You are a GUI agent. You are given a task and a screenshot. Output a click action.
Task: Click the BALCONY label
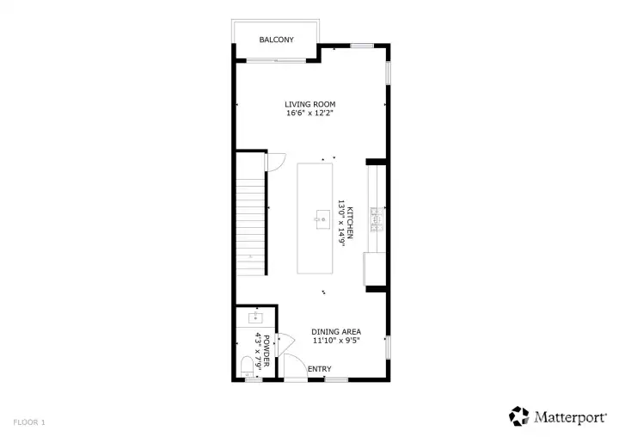[276, 40]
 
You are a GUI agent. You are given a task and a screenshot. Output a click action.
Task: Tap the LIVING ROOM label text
[310, 104]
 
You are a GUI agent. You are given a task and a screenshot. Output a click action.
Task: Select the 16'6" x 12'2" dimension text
[310, 114]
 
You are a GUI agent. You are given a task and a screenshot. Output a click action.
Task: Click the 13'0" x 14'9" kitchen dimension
[341, 224]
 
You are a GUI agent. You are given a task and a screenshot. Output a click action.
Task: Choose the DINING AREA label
[336, 332]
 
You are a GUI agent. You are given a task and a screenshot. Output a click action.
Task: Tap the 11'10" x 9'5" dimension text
[336, 341]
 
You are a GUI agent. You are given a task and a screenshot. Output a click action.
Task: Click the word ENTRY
[319, 369]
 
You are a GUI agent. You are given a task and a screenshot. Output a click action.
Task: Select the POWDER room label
[267, 351]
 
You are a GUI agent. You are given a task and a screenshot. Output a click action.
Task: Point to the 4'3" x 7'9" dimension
[258, 351]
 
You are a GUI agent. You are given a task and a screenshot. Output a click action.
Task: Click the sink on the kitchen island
[322, 219]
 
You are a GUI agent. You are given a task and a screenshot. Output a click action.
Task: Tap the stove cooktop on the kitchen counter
[377, 219]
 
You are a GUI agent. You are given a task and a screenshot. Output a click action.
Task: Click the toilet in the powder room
[247, 366]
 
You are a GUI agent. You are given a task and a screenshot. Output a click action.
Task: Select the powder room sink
[256, 317]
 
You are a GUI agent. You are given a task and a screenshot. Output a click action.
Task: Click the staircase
[250, 226]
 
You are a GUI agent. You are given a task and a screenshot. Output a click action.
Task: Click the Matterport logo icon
[518, 416]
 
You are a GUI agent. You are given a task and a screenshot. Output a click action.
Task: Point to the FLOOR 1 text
[29, 422]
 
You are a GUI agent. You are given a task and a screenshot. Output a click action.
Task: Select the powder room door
[285, 345]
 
